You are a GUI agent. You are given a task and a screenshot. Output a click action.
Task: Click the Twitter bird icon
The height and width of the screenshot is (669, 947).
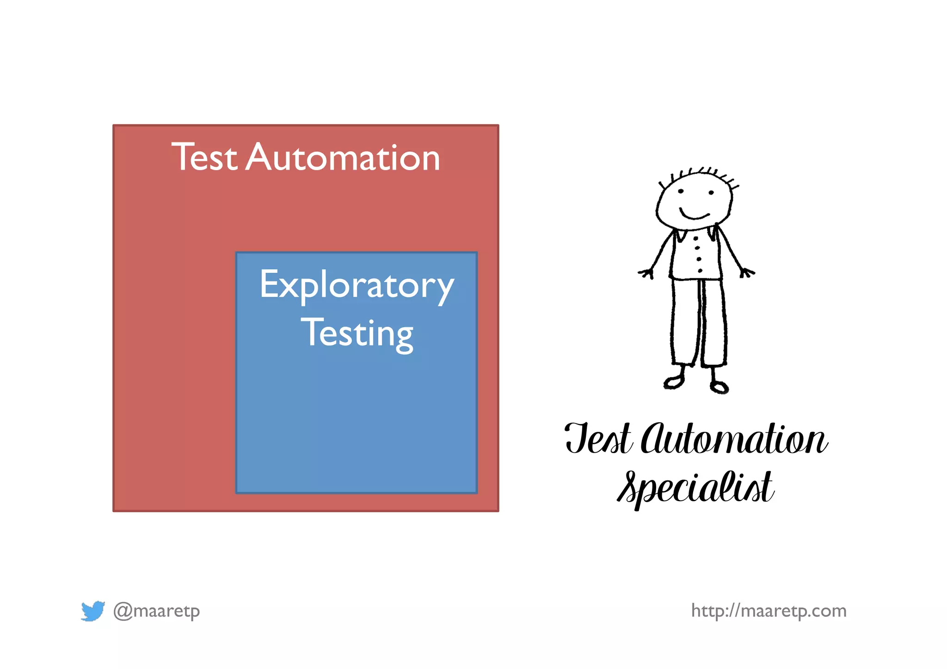point(92,611)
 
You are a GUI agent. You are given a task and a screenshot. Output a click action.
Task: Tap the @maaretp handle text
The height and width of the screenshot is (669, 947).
point(157,611)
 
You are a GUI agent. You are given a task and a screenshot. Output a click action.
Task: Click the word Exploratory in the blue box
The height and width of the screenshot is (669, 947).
point(357,285)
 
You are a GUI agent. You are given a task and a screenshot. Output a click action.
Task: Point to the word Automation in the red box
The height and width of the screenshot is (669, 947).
point(343,158)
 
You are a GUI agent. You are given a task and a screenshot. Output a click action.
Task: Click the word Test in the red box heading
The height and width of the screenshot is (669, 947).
point(204,158)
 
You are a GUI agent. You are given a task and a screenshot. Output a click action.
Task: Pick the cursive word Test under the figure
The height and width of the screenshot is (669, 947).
point(598,439)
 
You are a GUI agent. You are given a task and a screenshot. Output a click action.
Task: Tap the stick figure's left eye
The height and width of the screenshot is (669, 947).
point(681,191)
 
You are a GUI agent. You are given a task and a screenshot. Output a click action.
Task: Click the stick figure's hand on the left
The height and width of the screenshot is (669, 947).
point(646,273)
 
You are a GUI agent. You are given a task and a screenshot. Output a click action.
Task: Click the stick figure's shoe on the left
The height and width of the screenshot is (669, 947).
point(673,382)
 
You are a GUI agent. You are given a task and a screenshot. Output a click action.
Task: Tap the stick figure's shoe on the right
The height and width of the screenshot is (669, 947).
point(719,387)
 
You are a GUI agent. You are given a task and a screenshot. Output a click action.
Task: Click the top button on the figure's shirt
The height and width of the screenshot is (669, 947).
point(696,239)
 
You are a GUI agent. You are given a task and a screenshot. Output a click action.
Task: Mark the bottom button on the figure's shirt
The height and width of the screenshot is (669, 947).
point(700,270)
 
